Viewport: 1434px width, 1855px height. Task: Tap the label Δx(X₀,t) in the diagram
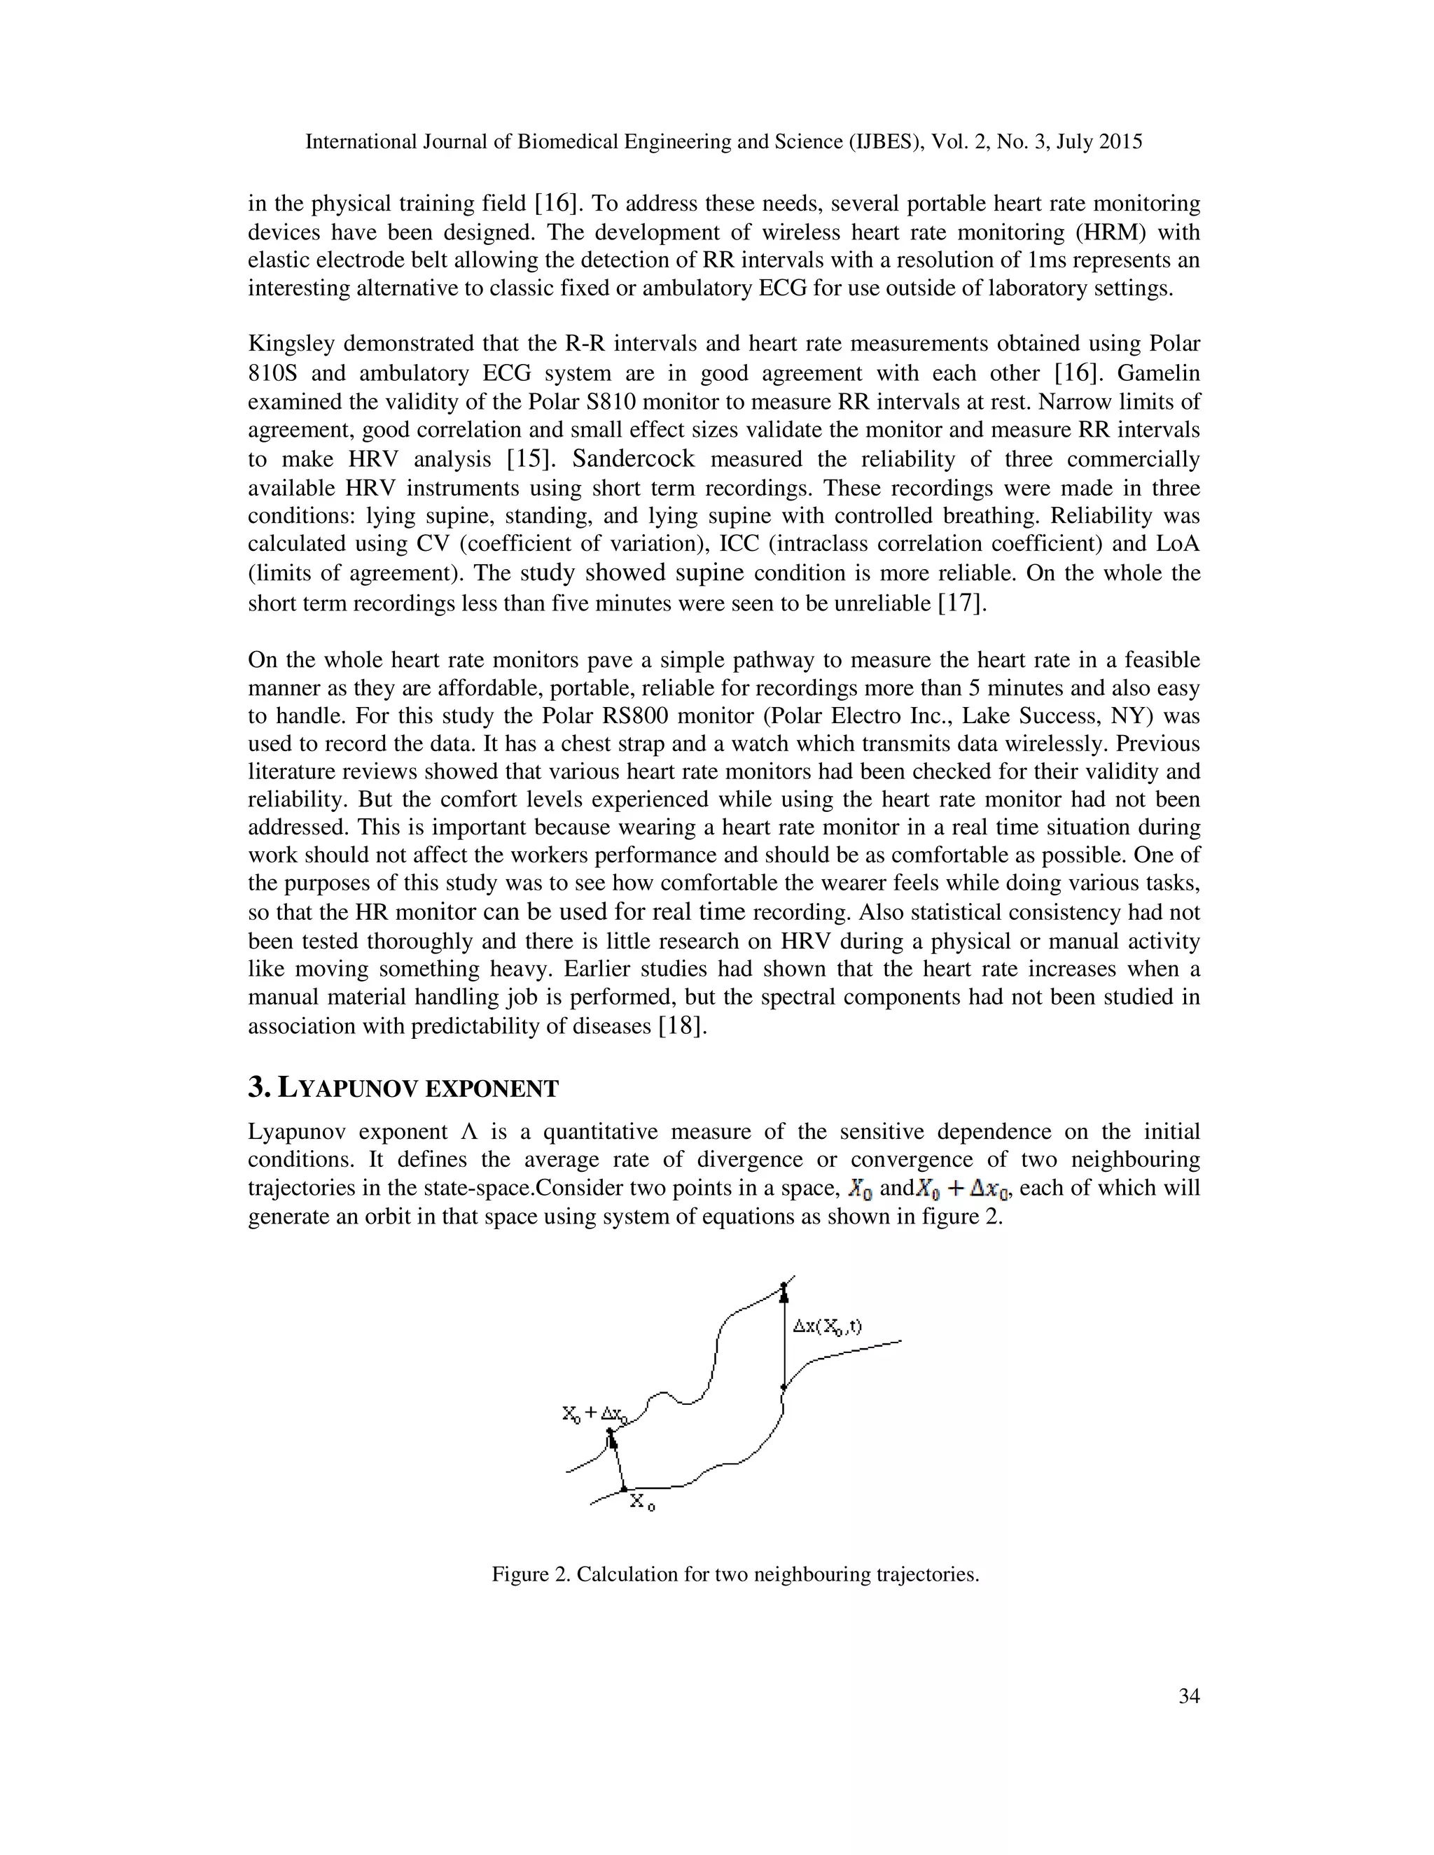[827, 1326]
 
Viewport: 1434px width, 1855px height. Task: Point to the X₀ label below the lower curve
[641, 1501]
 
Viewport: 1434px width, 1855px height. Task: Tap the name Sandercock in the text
[633, 459]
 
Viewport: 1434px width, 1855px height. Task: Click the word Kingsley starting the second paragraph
[290, 344]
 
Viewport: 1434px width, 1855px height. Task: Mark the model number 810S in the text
[271, 374]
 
